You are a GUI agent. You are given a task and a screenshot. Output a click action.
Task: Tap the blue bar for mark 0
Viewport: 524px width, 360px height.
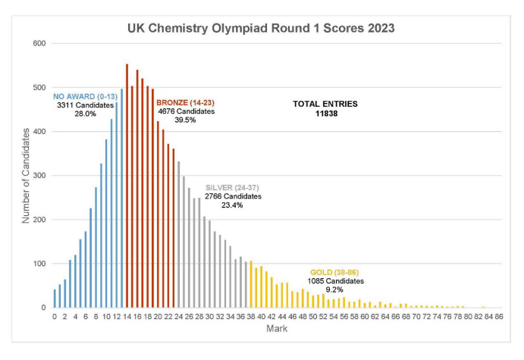click(x=55, y=299)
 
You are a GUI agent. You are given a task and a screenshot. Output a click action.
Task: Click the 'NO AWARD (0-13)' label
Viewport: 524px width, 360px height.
click(x=85, y=96)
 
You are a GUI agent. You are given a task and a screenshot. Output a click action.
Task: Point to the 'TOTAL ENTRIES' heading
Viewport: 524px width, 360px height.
click(x=325, y=104)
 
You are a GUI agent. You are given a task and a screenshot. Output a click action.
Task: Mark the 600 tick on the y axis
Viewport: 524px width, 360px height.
click(x=40, y=43)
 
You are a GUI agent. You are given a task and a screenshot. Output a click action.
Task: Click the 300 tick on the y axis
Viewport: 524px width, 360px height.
click(x=40, y=176)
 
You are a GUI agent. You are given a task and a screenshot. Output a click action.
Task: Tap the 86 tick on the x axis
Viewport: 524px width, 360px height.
click(x=499, y=317)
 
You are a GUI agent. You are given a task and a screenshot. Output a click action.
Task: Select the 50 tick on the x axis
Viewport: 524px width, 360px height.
click(x=313, y=317)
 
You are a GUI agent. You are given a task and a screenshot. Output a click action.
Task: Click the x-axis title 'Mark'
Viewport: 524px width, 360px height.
click(x=277, y=329)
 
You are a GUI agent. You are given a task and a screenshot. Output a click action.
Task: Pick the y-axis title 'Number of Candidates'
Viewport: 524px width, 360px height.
click(x=26, y=175)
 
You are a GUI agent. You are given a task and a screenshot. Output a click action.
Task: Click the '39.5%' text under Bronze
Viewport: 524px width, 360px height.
click(x=187, y=120)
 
